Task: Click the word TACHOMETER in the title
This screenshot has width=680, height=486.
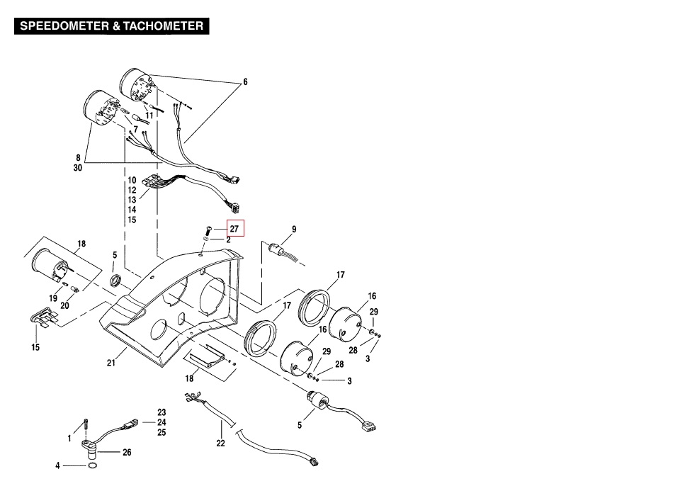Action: (164, 27)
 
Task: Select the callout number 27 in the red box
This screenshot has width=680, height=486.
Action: (234, 229)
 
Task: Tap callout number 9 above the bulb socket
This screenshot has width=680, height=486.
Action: (294, 230)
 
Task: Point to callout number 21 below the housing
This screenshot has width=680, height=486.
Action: (111, 363)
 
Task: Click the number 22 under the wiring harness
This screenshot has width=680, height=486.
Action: (221, 443)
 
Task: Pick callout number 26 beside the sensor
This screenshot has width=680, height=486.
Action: (127, 452)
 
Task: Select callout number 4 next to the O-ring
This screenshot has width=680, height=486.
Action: (58, 466)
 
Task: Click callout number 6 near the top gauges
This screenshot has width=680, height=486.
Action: (246, 82)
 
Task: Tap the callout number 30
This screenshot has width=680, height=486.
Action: (77, 169)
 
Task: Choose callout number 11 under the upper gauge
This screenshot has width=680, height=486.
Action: (149, 115)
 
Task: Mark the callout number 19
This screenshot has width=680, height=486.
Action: (53, 298)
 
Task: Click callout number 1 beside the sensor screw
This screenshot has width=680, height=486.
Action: (69, 439)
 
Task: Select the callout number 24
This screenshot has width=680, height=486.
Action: (161, 422)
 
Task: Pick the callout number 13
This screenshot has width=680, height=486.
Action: (132, 200)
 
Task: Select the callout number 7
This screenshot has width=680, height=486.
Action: (135, 130)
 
